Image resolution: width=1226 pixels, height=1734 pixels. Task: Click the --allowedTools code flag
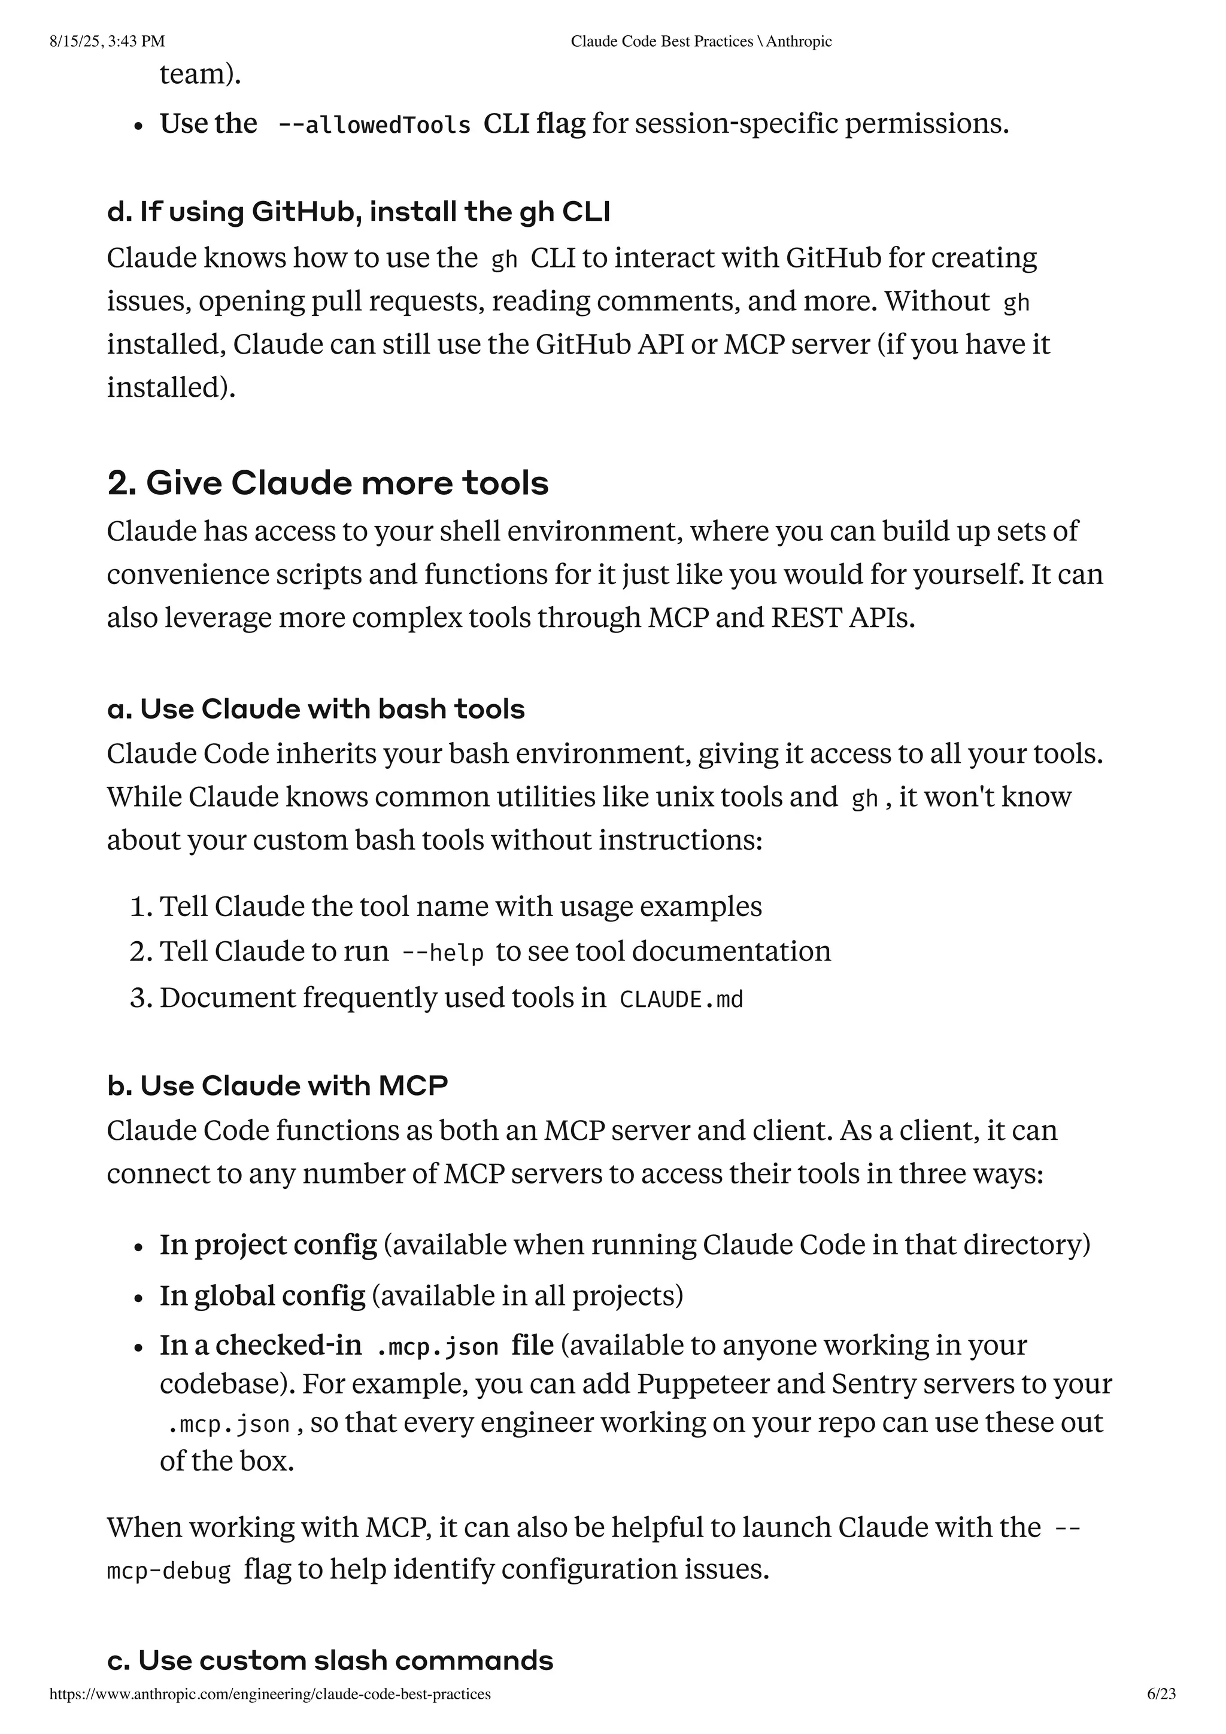click(375, 124)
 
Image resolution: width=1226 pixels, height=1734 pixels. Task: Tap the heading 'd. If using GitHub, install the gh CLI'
click(358, 212)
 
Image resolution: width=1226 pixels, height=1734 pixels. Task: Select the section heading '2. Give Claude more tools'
click(328, 483)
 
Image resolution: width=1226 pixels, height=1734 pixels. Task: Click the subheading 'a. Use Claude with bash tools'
click(315, 709)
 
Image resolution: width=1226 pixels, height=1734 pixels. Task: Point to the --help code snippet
click(442, 953)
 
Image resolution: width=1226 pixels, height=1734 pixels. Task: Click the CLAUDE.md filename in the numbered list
click(681, 1000)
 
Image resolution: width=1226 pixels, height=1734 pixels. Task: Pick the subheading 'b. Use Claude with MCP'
click(277, 1086)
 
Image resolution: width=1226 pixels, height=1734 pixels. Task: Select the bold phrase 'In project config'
click(268, 1245)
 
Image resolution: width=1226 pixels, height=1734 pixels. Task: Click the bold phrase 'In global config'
click(262, 1296)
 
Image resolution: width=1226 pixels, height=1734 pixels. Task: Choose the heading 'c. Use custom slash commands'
click(330, 1661)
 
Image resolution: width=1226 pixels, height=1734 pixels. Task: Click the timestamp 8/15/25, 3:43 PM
click(107, 41)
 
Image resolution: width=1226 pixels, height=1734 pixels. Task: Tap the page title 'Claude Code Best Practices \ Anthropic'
click(700, 41)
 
